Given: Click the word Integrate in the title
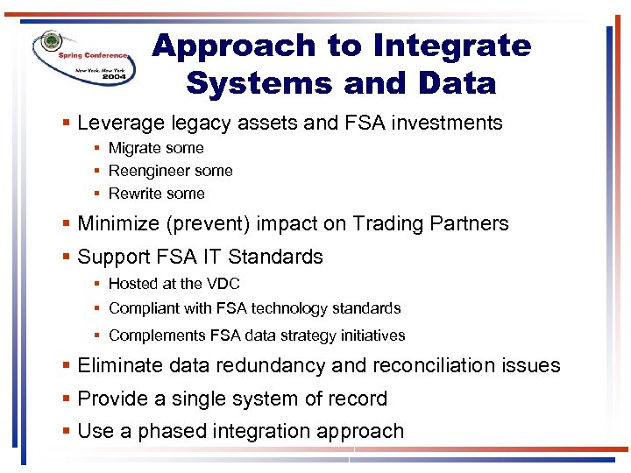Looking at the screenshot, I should click(452, 46).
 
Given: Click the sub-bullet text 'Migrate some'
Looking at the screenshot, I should click(156, 148).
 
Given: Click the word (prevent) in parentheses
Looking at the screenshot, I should click(209, 224).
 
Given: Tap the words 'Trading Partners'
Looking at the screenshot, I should click(430, 224).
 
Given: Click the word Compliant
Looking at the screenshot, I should click(141, 308).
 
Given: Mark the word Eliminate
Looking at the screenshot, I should click(120, 366).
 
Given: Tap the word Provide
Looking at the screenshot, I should click(111, 399).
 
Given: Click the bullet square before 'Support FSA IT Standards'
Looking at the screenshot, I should click(67, 258).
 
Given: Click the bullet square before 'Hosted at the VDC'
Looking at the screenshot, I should click(100, 284).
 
